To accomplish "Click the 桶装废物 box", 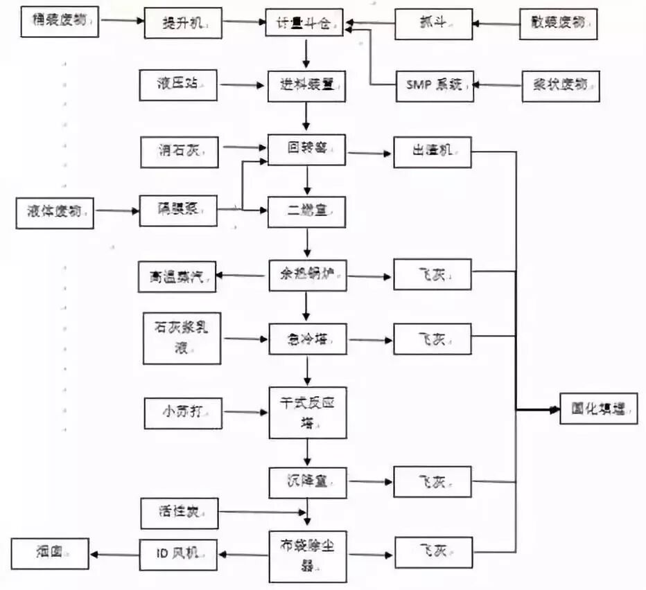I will [x=60, y=21].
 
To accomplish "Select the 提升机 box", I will [x=183, y=24].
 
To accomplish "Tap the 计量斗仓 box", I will [x=306, y=24].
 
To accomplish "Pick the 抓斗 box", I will [x=433, y=24].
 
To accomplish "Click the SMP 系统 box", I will [x=433, y=86].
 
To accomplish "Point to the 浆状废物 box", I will [x=560, y=86].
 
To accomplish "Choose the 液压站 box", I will [x=177, y=86].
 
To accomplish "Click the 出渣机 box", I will [x=433, y=151].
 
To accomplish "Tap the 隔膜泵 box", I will [x=178, y=211].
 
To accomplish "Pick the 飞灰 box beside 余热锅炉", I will [x=433, y=275].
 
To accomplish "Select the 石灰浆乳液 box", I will [x=182, y=339].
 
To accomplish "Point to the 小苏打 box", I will [x=182, y=413].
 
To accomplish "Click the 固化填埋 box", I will [x=597, y=409].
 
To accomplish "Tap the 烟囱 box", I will [x=50, y=553].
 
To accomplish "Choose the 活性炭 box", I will [x=179, y=513].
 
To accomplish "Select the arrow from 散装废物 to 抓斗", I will [x=496, y=24].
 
